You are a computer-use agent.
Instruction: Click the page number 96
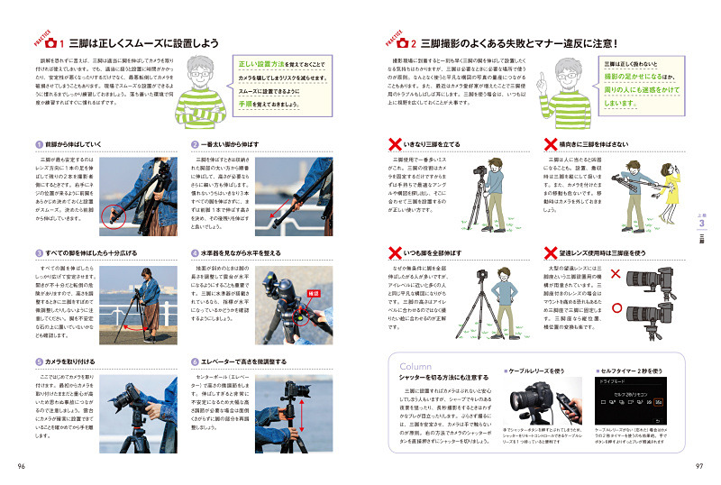tap(21, 465)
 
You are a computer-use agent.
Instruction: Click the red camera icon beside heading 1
tap(51, 42)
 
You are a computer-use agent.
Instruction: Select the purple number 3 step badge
tap(39, 254)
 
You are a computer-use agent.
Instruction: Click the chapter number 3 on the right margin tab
tap(700, 224)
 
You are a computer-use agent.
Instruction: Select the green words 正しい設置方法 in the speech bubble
tap(267, 65)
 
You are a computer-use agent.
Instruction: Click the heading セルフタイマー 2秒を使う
tap(642, 371)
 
